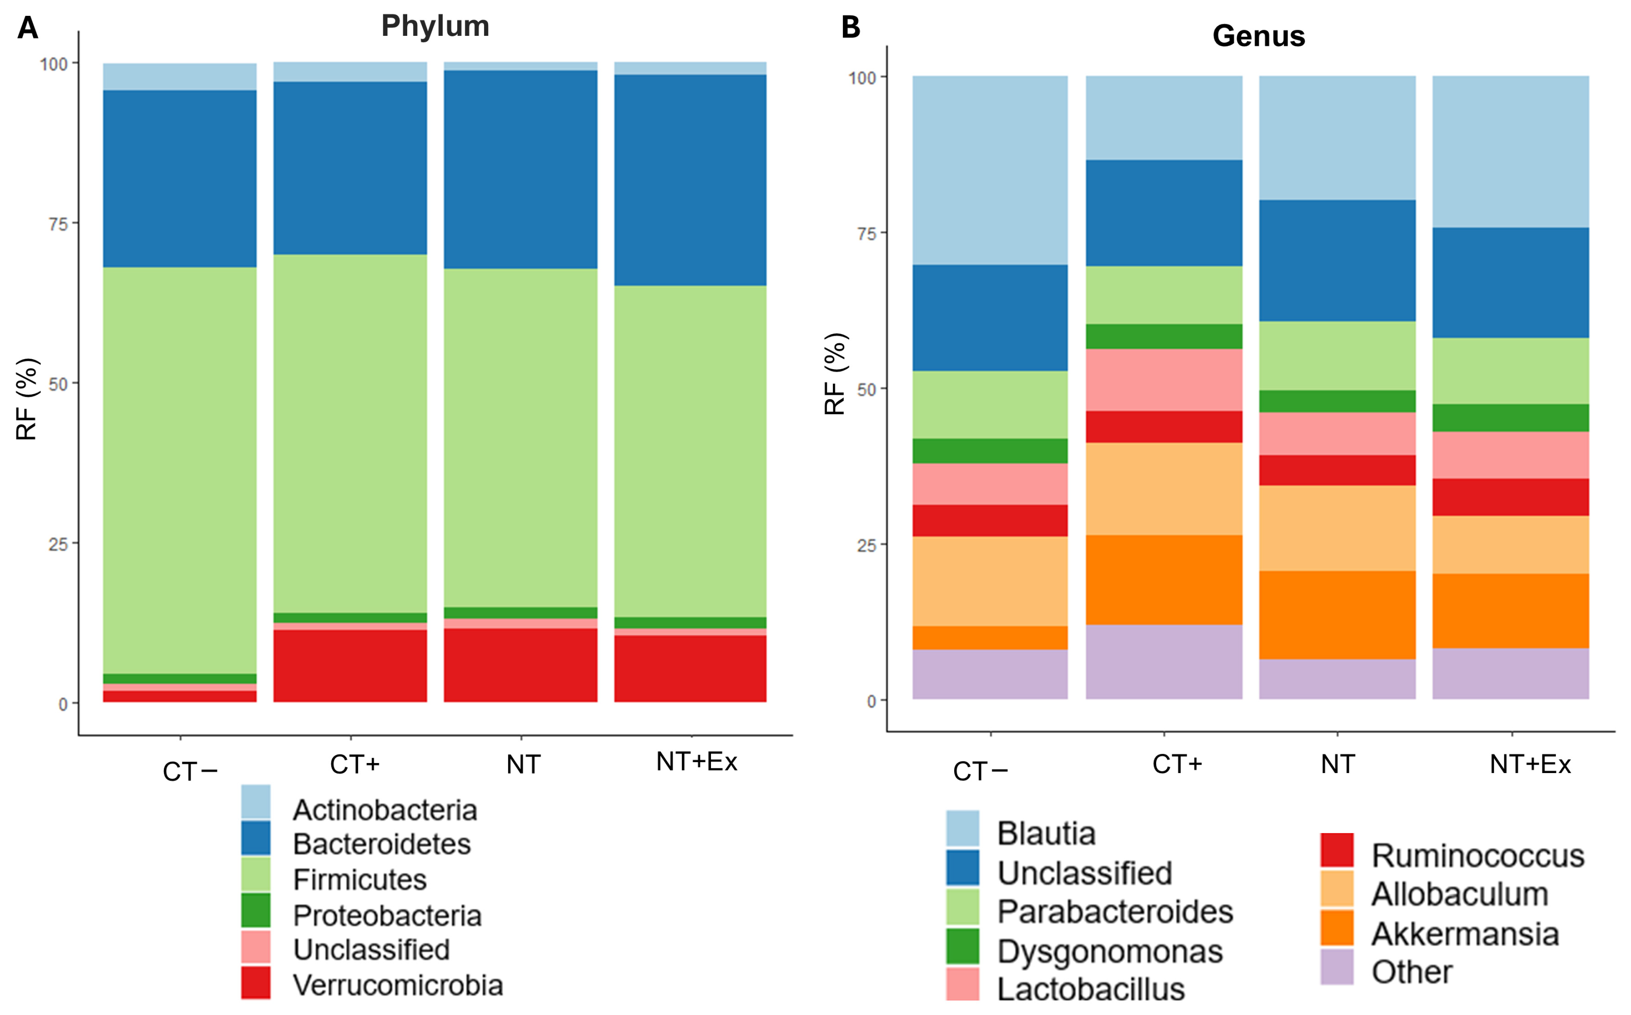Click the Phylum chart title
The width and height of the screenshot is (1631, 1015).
[x=435, y=26]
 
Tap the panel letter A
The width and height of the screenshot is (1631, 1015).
[x=28, y=28]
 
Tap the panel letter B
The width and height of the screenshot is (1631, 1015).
[x=850, y=28]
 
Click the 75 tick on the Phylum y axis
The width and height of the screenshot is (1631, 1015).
[x=58, y=224]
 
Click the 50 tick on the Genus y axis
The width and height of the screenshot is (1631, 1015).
[x=867, y=389]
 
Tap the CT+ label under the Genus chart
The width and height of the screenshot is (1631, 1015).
[x=1177, y=764]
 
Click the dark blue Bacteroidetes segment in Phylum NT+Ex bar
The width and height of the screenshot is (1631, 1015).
[x=690, y=180]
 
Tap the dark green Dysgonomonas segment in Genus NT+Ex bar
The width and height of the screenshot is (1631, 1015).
[x=1510, y=418]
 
